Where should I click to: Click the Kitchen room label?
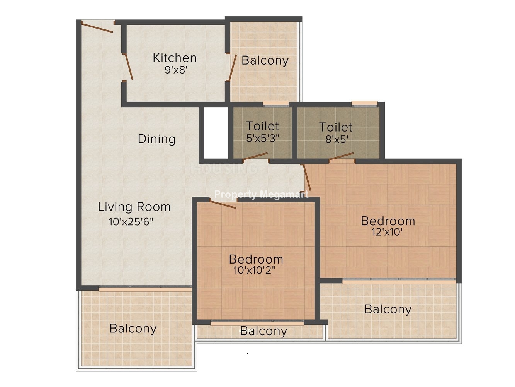pos(175,58)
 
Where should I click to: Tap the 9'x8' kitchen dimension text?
pos(176,70)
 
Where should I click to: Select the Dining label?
pos(156,139)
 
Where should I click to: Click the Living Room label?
pos(134,207)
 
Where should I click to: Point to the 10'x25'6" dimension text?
pos(131,222)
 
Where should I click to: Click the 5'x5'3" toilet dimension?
pos(263,138)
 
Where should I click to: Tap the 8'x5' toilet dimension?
pos(337,139)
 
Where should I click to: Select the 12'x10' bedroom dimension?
pos(388,232)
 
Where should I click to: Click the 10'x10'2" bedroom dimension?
pos(255,270)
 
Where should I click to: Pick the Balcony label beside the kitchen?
pos(265,61)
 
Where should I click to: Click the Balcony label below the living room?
pos(133,329)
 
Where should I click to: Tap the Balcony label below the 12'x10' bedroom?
pos(388,309)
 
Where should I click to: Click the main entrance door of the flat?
pos(97,27)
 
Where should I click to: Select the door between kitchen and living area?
pos(128,67)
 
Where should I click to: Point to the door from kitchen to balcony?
pos(233,68)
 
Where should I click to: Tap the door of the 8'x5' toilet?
pos(341,157)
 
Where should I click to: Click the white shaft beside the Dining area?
pos(216,133)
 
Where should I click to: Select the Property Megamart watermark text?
pos(261,195)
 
